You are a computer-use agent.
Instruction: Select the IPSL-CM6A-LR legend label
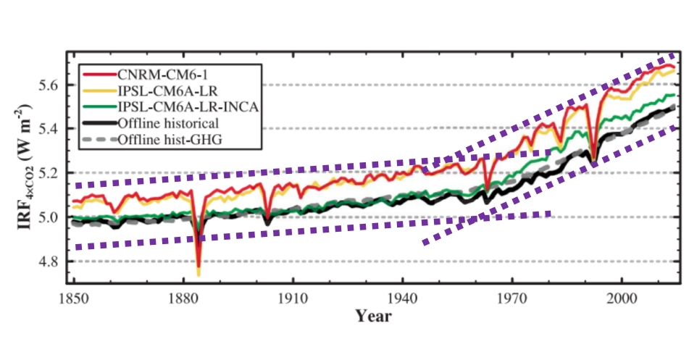pos(154,91)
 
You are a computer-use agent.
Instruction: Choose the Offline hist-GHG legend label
pos(159,139)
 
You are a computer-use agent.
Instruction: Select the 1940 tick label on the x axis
pos(402,298)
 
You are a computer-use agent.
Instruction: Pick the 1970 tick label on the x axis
pos(512,298)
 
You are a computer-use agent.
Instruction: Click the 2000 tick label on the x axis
pos(622,298)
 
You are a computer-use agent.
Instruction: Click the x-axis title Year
pos(374,317)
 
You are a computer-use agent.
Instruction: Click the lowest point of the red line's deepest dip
pos(199,265)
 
